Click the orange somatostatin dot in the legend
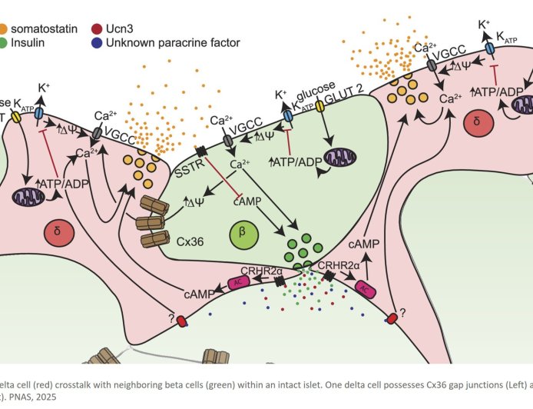click(x=5, y=28)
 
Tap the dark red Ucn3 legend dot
click(x=97, y=28)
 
